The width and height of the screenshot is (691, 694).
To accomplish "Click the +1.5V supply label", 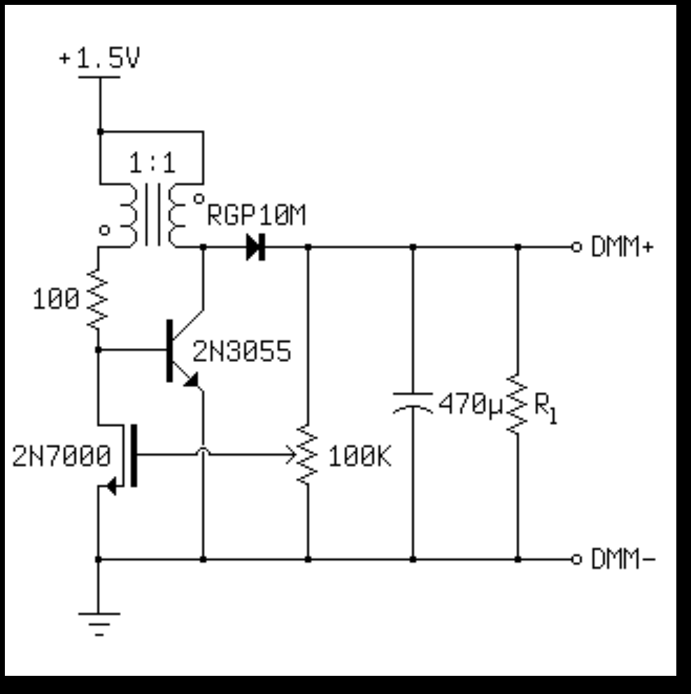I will coord(99,59).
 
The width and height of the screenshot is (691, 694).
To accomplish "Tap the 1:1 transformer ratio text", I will coord(152,164).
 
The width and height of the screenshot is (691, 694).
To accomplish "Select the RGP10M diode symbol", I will coord(255,247).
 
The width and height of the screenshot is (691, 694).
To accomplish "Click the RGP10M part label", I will coord(257,217).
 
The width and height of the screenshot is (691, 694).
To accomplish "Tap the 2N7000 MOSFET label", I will coord(62,457).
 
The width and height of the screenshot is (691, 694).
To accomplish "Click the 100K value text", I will coord(359,458).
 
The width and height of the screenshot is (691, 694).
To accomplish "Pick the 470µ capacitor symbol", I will coord(413,403).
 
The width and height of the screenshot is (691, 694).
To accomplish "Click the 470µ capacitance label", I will coord(470,404).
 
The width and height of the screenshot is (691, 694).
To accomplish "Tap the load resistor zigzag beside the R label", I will coord(518,403).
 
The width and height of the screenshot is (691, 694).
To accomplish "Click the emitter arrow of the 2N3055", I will coord(192,379).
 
